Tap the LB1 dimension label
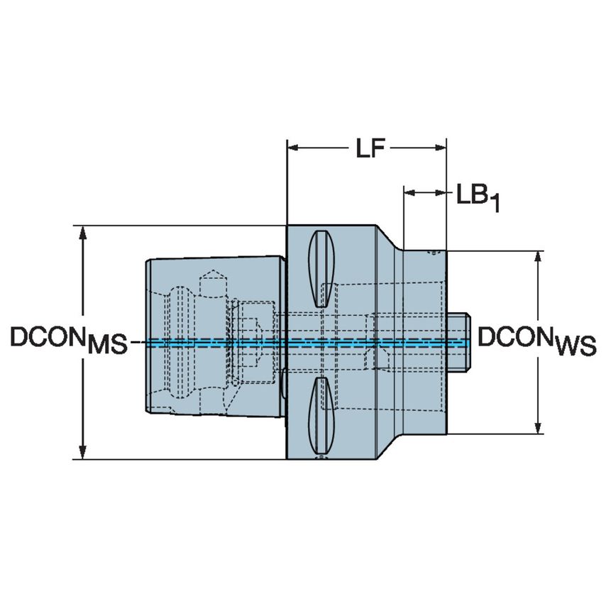(x=478, y=197)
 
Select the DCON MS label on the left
(x=68, y=341)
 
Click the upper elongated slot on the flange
(x=321, y=269)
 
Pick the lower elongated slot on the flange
(x=321, y=415)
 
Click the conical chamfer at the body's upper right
(x=387, y=238)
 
